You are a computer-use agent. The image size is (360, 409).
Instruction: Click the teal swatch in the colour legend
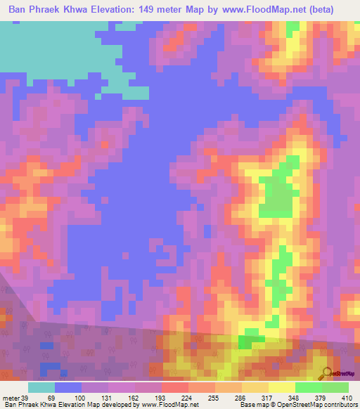tap(41, 387)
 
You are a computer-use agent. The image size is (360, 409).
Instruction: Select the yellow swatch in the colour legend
tap(281, 387)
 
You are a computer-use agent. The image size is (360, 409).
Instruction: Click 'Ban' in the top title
tap(18, 10)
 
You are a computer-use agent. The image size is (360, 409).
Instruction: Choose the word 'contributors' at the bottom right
tap(340, 404)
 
